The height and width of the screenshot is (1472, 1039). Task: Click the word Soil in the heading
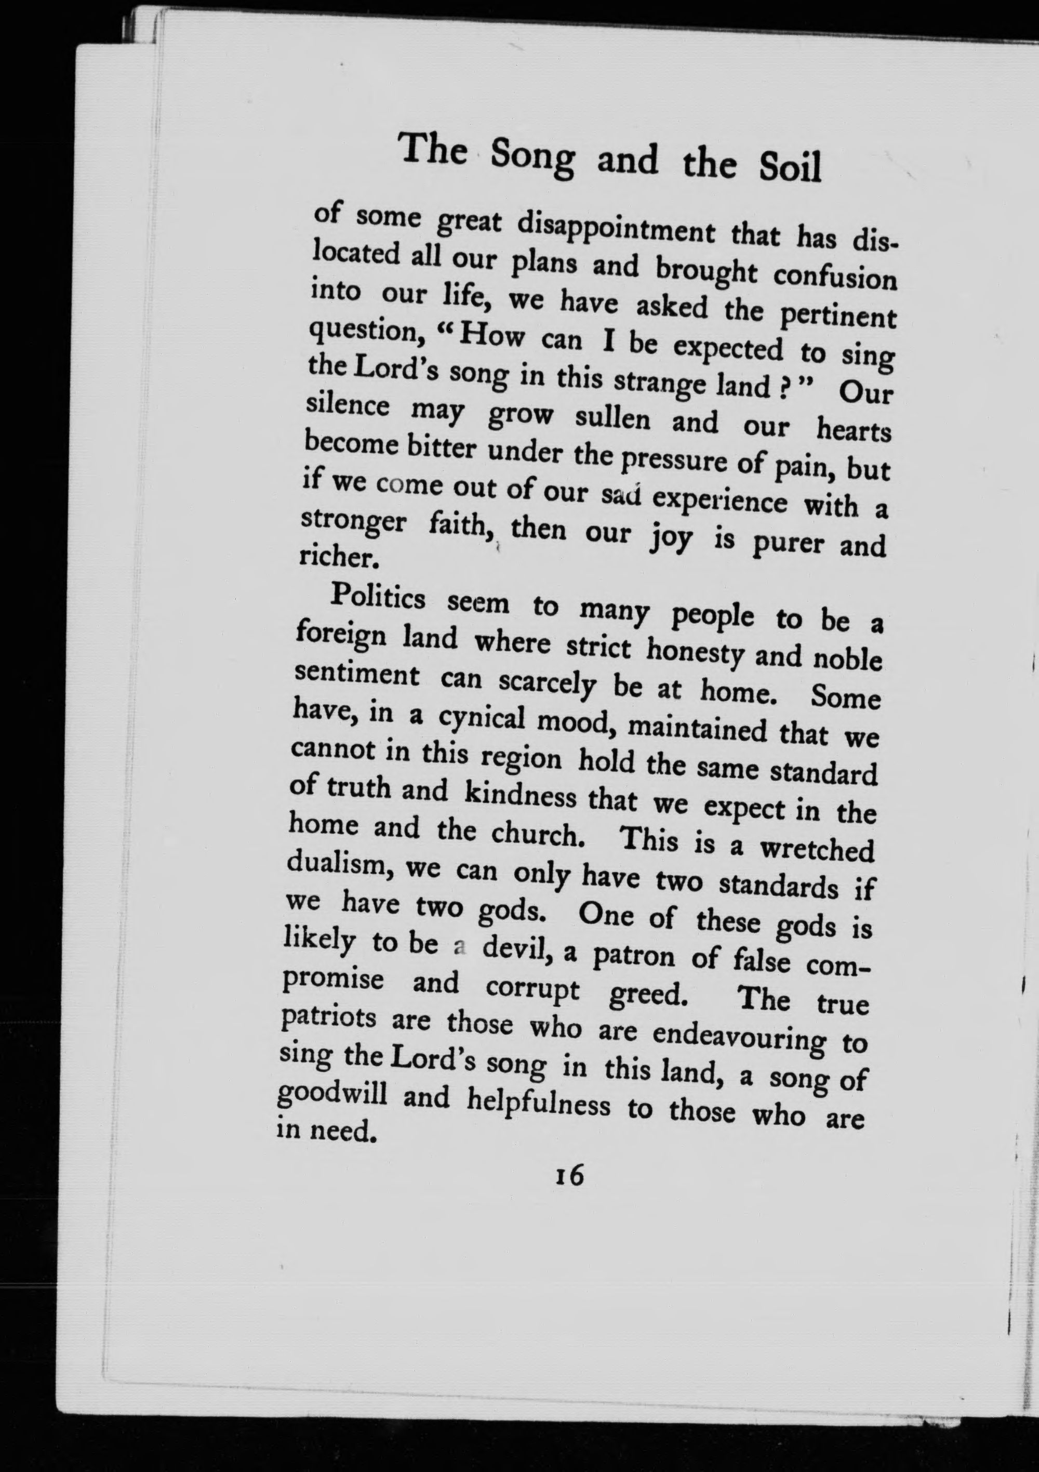[x=789, y=167]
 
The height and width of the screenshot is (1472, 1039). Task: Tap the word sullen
[x=612, y=420]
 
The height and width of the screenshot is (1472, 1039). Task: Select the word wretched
[x=817, y=849]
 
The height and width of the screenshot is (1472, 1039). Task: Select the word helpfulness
[x=537, y=1103]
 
